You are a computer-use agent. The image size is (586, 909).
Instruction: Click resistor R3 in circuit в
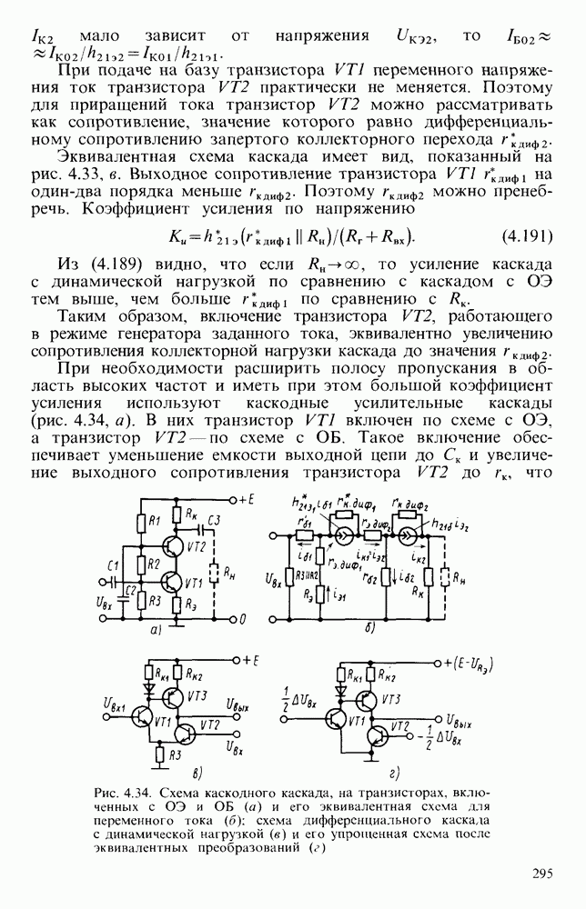point(161,754)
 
